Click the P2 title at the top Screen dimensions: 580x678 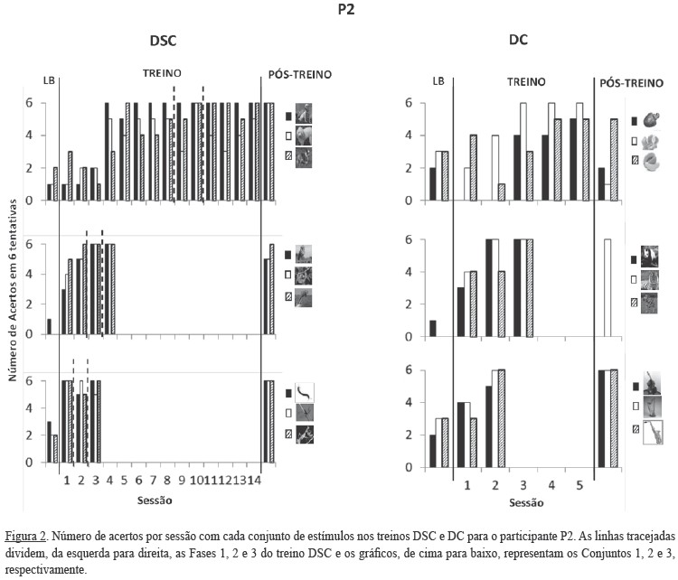tap(339, 12)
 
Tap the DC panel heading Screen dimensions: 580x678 tap(518, 40)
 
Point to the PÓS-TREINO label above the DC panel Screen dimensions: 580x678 tap(634, 81)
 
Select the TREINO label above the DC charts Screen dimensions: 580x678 tap(525, 80)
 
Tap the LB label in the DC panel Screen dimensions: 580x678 tap(438, 80)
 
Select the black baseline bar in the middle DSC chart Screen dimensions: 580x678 tap(49, 326)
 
